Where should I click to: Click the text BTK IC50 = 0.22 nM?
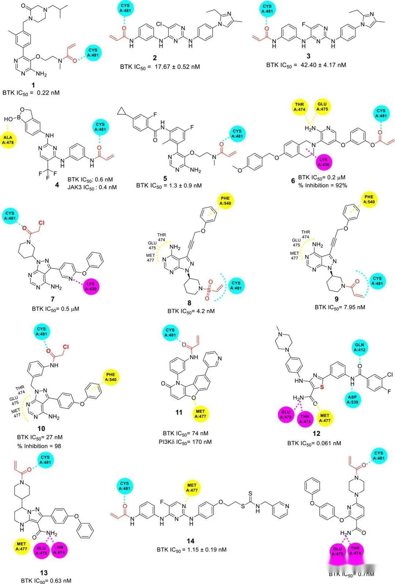[x=31, y=93]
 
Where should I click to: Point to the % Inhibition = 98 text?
[x=39, y=446]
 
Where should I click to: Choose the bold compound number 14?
[x=190, y=541]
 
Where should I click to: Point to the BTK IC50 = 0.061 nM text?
[x=314, y=443]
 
